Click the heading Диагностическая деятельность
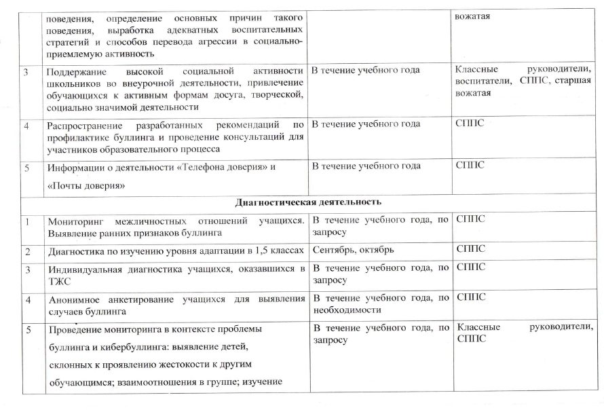308,202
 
